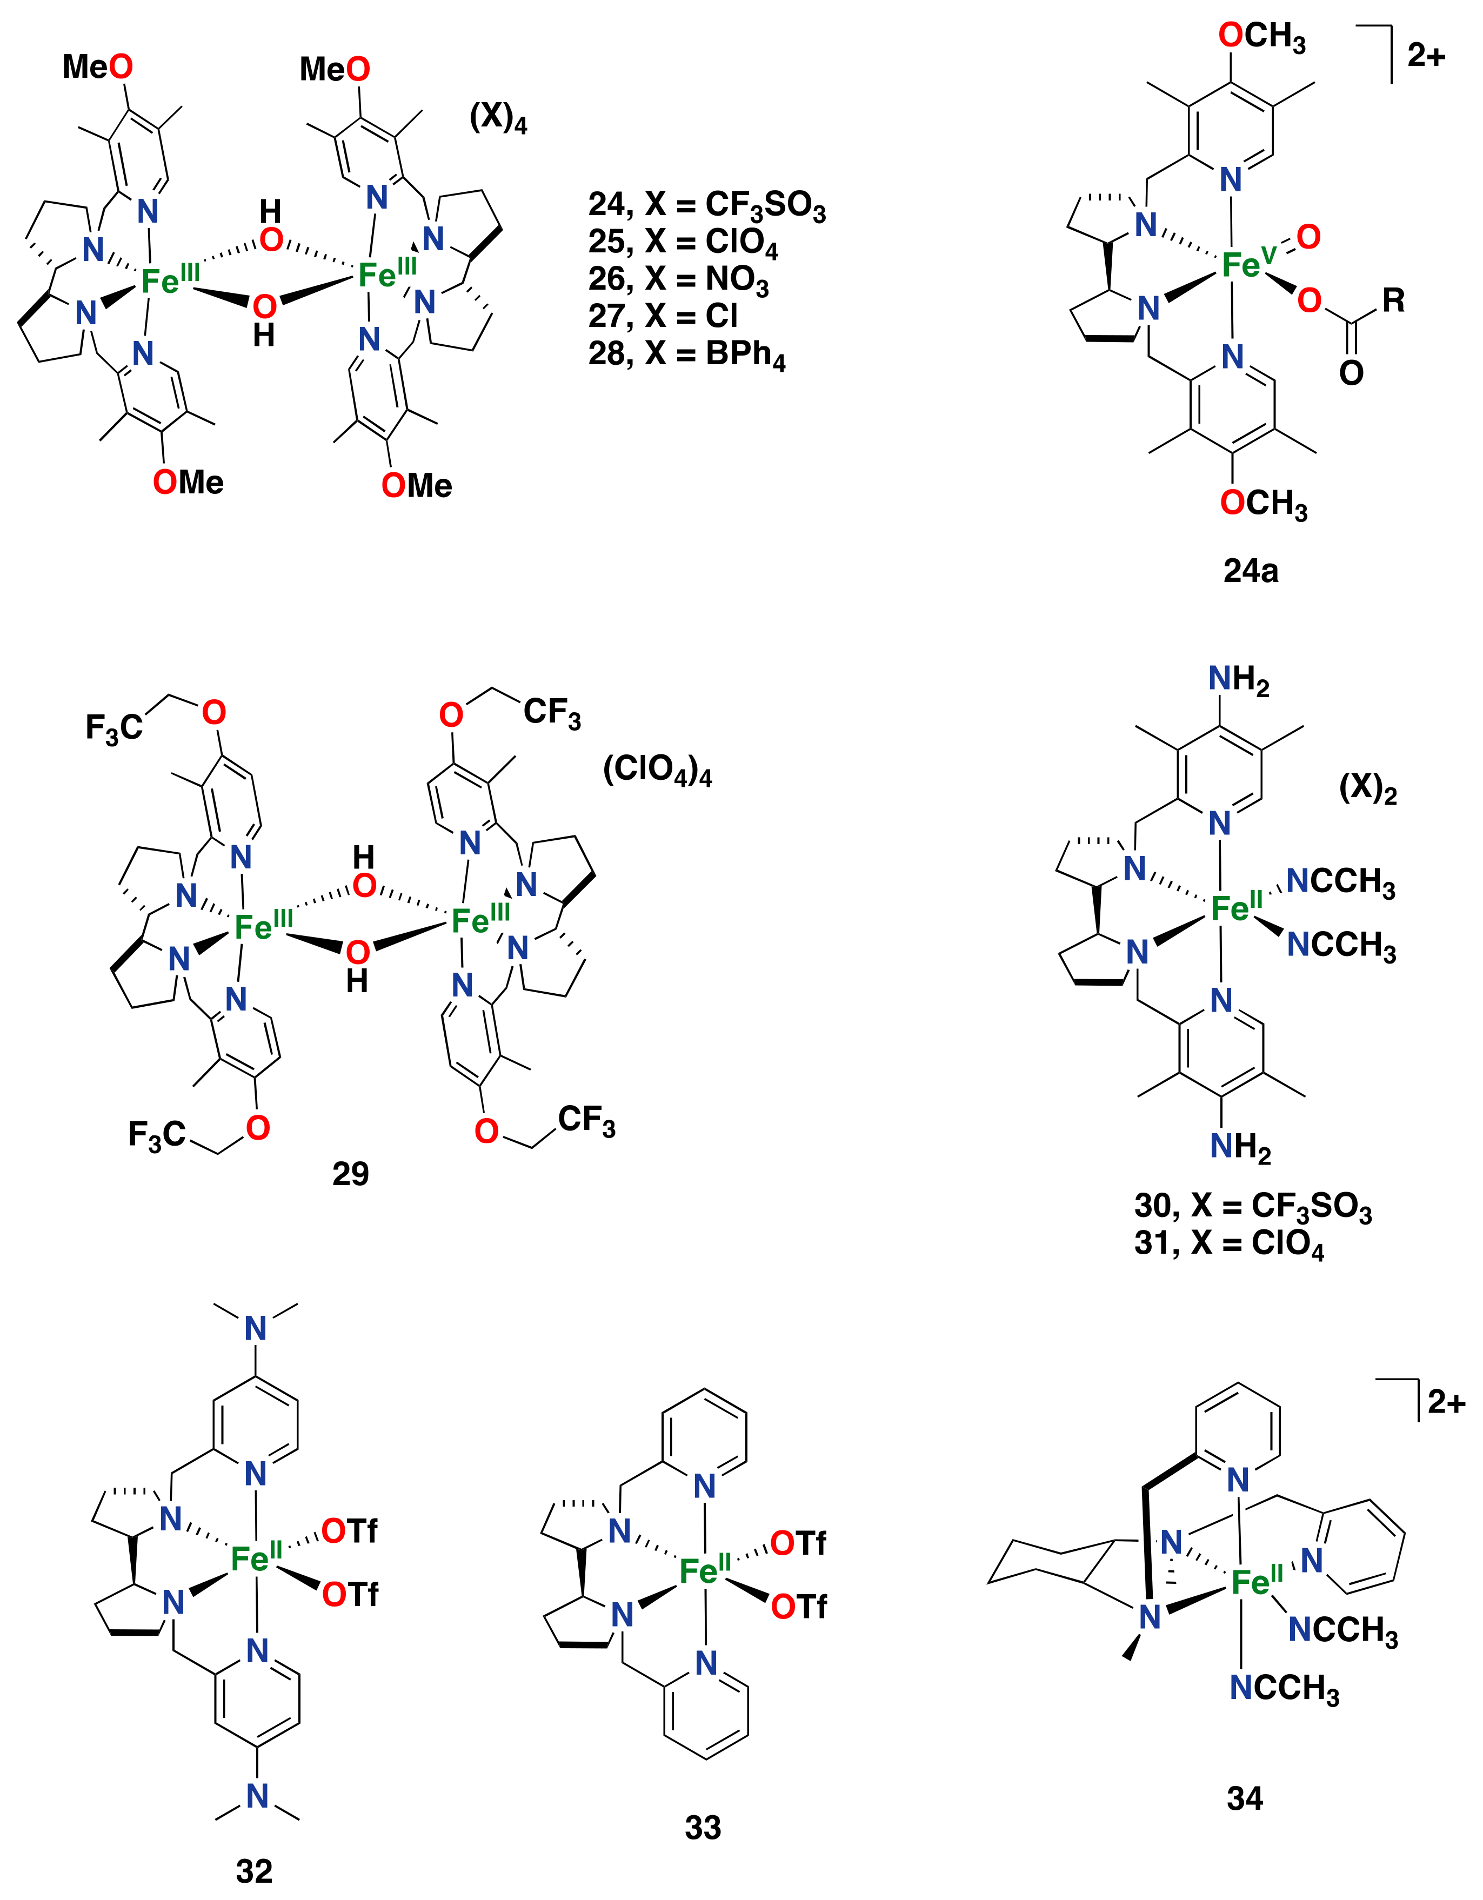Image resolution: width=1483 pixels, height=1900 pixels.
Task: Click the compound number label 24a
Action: pyautogui.click(x=1251, y=571)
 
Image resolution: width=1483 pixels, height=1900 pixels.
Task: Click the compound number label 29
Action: pyautogui.click(x=351, y=1174)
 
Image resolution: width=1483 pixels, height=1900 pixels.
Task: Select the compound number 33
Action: pyautogui.click(x=703, y=1827)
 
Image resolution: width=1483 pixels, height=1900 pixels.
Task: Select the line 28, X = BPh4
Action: pyautogui.click(x=687, y=354)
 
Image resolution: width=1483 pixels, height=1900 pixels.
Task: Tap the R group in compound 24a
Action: pyautogui.click(x=1393, y=301)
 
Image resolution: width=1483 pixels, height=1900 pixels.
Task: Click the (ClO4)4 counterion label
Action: pyautogui.click(x=657, y=770)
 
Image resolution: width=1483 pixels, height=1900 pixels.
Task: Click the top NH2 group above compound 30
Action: pyautogui.click(x=1238, y=679)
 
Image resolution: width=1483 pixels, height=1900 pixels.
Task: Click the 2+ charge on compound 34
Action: pyautogui.click(x=1446, y=1402)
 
